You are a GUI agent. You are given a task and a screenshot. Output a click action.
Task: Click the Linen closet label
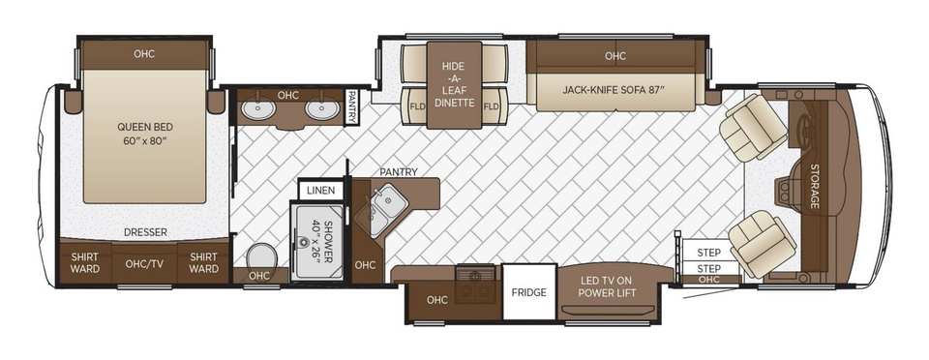pyautogui.click(x=320, y=191)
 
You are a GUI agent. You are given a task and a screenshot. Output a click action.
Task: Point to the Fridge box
pyautogui.click(x=529, y=292)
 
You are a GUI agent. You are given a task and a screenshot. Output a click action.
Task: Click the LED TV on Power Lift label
pyautogui.click(x=608, y=286)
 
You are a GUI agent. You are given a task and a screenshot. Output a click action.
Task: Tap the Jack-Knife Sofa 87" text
pyautogui.click(x=614, y=91)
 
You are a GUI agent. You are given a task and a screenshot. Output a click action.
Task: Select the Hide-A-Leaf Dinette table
pyautogui.click(x=455, y=84)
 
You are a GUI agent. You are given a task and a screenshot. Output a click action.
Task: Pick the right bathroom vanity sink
pyautogui.click(x=322, y=110)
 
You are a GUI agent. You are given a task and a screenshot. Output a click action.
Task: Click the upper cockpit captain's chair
pyautogui.click(x=746, y=127)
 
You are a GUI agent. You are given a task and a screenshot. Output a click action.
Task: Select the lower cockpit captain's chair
pyautogui.click(x=762, y=245)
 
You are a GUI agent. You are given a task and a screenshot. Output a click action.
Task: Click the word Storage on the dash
pyautogui.click(x=815, y=186)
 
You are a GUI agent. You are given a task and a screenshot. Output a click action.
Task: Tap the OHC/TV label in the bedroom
pyautogui.click(x=144, y=264)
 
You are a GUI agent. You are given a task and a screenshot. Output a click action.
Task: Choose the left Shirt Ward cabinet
pyautogui.click(x=85, y=263)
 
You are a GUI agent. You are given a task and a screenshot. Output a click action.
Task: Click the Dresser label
pyautogui.click(x=146, y=232)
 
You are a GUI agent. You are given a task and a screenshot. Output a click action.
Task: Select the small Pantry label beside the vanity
pyautogui.click(x=351, y=107)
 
